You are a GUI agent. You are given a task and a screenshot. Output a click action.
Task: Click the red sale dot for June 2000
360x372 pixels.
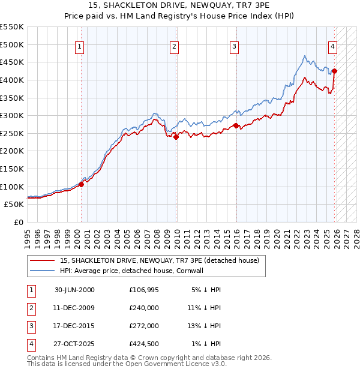click(x=81, y=184)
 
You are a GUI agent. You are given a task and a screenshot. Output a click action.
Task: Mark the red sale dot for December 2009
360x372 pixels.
click(x=176, y=137)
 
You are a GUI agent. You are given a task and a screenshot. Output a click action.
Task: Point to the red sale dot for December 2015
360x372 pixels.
click(x=236, y=125)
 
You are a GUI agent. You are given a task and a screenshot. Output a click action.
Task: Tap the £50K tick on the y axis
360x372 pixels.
click(x=14, y=204)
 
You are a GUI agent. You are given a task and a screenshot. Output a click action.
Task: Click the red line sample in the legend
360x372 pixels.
click(x=42, y=260)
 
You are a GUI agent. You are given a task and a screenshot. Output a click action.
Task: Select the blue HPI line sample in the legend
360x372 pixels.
click(x=42, y=271)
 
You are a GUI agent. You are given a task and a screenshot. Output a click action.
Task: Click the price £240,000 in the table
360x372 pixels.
click(x=144, y=307)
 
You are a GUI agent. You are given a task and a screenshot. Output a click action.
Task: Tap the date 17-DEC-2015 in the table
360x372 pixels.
click(x=74, y=325)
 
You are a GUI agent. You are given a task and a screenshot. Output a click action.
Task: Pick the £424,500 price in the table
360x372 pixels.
click(x=144, y=343)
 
